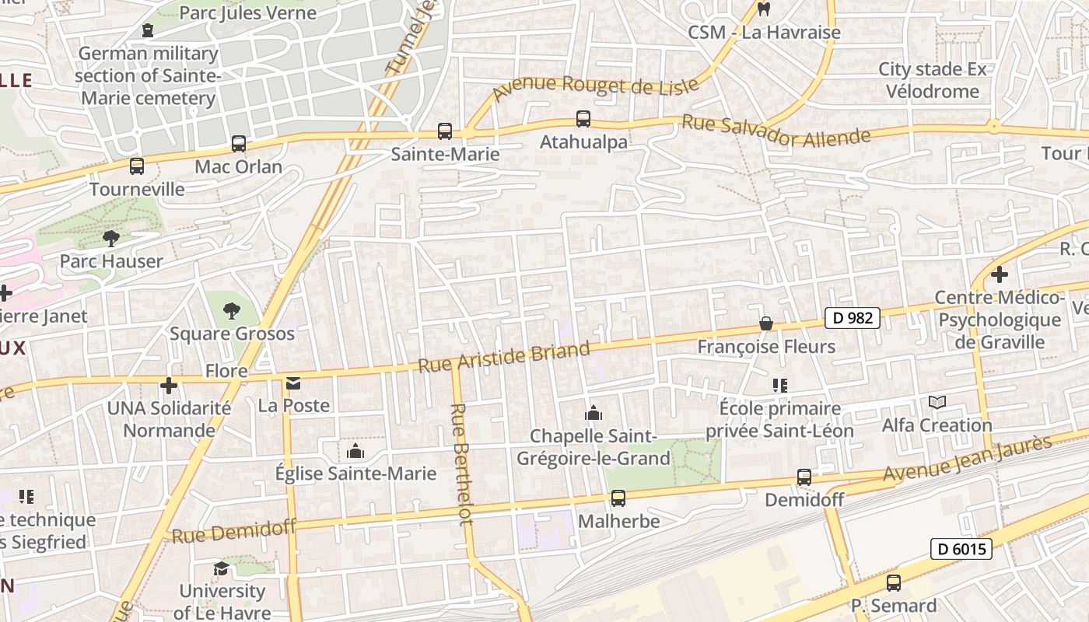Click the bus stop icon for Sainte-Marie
(x=445, y=131)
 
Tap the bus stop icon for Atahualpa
(x=583, y=119)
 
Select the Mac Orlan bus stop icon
(x=239, y=144)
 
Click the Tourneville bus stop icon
(x=137, y=166)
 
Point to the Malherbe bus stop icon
(x=618, y=498)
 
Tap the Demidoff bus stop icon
(x=804, y=477)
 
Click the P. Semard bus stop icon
(x=894, y=583)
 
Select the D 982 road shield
(x=853, y=317)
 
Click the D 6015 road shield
(x=961, y=550)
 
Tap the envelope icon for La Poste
(x=293, y=383)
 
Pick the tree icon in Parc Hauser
(x=111, y=238)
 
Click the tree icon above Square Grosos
(x=231, y=311)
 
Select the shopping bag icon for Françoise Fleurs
(x=766, y=323)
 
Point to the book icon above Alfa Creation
(x=937, y=403)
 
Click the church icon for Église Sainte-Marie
(x=355, y=451)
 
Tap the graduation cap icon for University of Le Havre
(x=222, y=568)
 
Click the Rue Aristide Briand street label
(x=505, y=356)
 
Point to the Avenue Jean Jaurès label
(x=967, y=459)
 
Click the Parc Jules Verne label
(x=247, y=13)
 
